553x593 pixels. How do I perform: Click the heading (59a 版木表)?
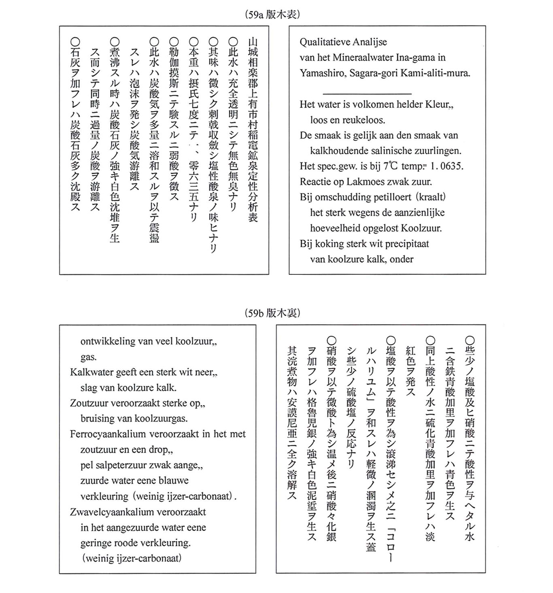point(272,15)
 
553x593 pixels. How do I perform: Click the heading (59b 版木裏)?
point(272,313)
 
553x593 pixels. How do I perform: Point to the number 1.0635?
point(447,166)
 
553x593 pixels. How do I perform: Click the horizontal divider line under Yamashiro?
point(367,94)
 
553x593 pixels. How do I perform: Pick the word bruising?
point(97,419)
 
